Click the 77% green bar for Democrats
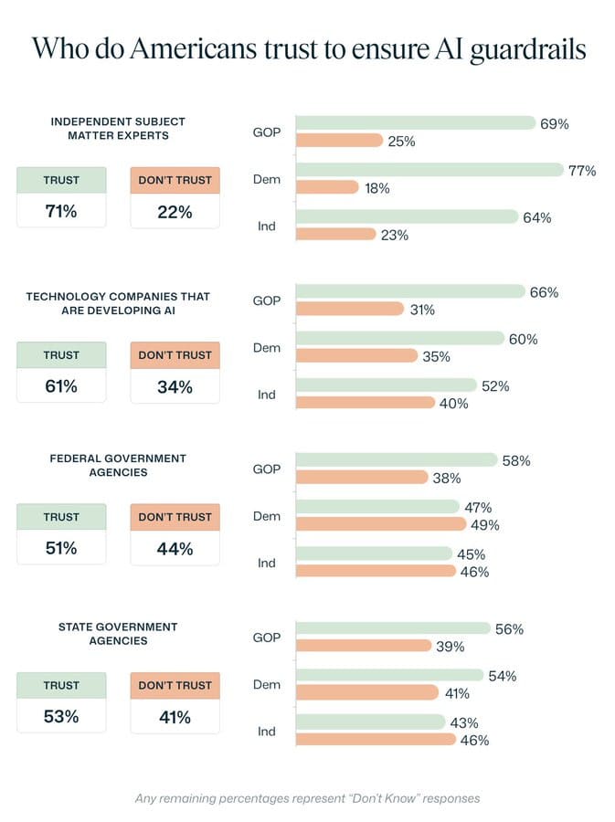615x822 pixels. (x=429, y=170)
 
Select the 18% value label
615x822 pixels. (x=377, y=188)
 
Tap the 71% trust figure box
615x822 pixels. (x=61, y=212)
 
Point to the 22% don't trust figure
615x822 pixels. (x=175, y=212)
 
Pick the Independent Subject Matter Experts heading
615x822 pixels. (x=117, y=128)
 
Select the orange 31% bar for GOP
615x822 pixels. (x=350, y=310)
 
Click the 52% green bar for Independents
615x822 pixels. (x=387, y=385)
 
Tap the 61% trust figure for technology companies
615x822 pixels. (x=61, y=386)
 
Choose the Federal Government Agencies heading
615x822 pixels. (x=117, y=465)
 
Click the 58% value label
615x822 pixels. (x=516, y=461)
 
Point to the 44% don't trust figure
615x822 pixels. (x=175, y=549)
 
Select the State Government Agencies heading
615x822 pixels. (x=117, y=634)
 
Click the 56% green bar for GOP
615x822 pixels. (x=394, y=629)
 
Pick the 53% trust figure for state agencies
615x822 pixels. (x=61, y=717)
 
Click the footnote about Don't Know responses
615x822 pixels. (x=307, y=798)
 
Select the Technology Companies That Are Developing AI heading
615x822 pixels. (x=117, y=303)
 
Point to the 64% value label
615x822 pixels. (x=537, y=217)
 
